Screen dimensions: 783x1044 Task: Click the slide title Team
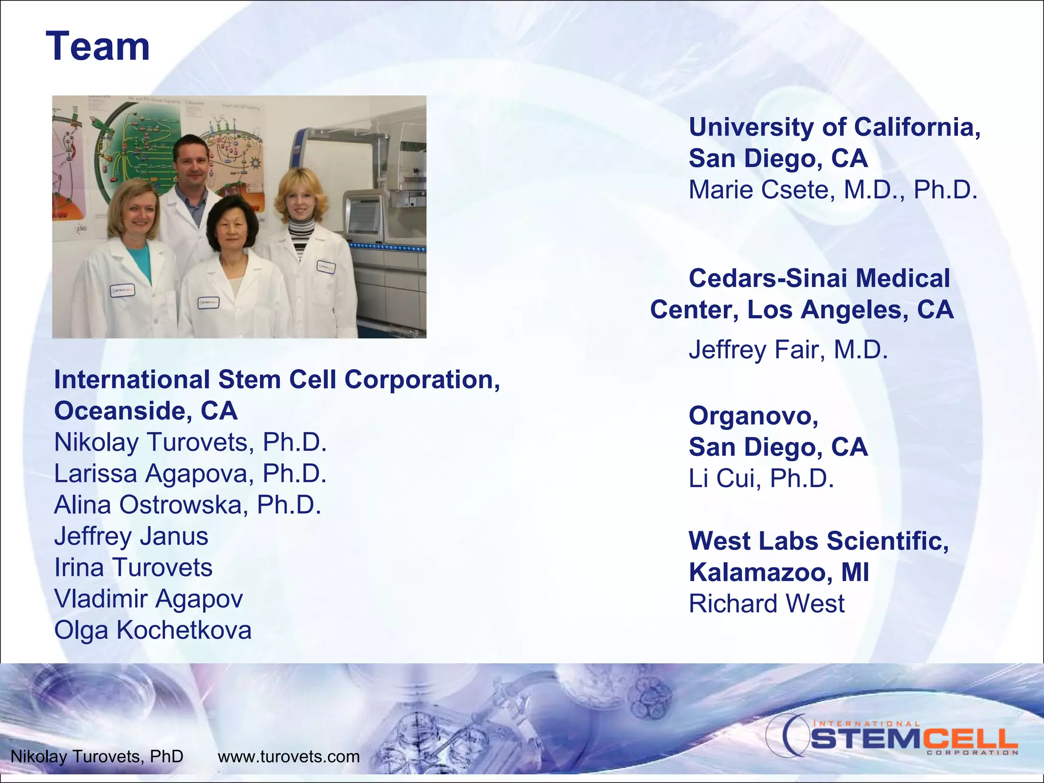pyautogui.click(x=98, y=46)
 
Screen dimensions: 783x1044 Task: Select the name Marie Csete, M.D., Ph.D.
pyautogui.click(x=833, y=190)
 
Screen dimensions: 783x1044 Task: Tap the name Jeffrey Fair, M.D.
pyautogui.click(x=788, y=350)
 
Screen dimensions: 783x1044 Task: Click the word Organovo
pyautogui.click(x=753, y=416)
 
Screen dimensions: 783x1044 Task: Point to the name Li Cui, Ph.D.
pyautogui.click(x=761, y=479)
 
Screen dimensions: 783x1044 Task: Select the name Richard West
pyautogui.click(x=766, y=604)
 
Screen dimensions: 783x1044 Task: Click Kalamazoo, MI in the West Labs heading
pyautogui.click(x=778, y=572)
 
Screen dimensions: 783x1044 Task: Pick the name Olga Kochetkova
pyautogui.click(x=152, y=630)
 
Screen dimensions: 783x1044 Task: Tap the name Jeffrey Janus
pyautogui.click(x=131, y=536)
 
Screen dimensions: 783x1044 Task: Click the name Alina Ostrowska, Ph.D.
pyautogui.click(x=188, y=505)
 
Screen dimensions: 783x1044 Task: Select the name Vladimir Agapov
pyautogui.click(x=148, y=599)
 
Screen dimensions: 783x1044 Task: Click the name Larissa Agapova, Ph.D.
pyautogui.click(x=190, y=474)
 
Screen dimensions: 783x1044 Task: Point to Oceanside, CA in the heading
pyautogui.click(x=146, y=411)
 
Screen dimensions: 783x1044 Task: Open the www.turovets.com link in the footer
pyautogui.click(x=289, y=756)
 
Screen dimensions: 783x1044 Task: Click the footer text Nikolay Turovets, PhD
pyautogui.click(x=97, y=756)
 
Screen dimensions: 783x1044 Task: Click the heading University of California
pyautogui.click(x=834, y=127)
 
